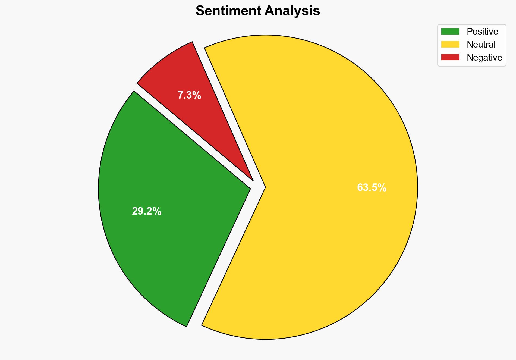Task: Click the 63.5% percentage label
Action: pyautogui.click(x=372, y=188)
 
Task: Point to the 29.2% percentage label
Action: pyautogui.click(x=146, y=211)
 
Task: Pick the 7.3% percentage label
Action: pyautogui.click(x=189, y=95)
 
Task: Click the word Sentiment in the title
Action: pyautogui.click(x=228, y=11)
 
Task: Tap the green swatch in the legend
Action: pyautogui.click(x=450, y=32)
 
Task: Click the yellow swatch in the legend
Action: pyautogui.click(x=450, y=44)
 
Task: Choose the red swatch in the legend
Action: pyautogui.click(x=450, y=57)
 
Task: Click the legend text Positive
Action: pyautogui.click(x=482, y=32)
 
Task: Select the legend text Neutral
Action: pyautogui.click(x=481, y=45)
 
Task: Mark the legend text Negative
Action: pyautogui.click(x=484, y=58)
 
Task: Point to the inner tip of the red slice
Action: pyautogui.click(x=253, y=180)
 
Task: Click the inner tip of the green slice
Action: pyautogui.click(x=250, y=188)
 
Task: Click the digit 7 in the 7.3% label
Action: pyautogui.click(x=180, y=95)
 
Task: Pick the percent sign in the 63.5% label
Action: pyautogui.click(x=382, y=188)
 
